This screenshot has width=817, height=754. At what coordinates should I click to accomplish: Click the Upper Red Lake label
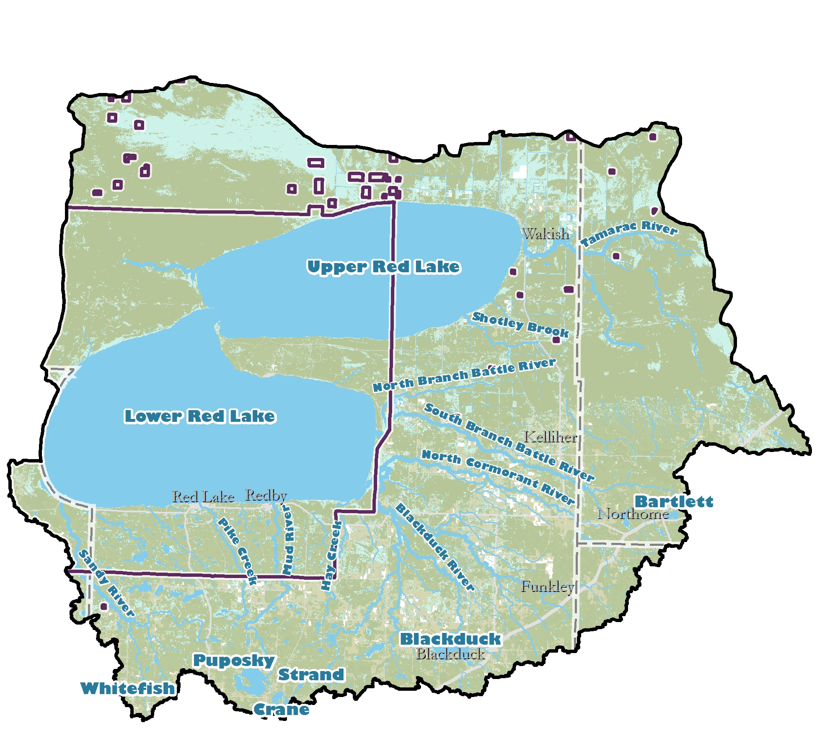click(x=383, y=267)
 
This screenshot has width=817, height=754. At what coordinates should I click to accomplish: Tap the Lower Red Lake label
click(x=200, y=416)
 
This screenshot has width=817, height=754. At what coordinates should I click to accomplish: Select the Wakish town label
click(x=546, y=234)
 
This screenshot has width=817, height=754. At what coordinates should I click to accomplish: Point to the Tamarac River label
click(x=628, y=233)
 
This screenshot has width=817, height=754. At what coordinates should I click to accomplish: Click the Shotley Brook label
click(x=520, y=325)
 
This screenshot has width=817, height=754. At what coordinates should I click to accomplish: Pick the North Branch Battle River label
click(x=464, y=375)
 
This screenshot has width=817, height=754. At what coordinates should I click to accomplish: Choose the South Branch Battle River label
click(x=509, y=442)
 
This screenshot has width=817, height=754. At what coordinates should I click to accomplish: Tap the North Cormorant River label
click(x=498, y=477)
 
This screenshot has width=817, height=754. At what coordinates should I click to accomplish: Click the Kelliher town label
click(x=551, y=437)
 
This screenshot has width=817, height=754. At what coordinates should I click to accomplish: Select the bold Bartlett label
click(x=674, y=501)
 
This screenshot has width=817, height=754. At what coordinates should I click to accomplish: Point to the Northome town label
click(x=633, y=514)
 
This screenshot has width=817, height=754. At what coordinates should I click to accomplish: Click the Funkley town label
click(x=547, y=586)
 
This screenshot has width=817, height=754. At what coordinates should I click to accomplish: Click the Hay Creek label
click(x=331, y=555)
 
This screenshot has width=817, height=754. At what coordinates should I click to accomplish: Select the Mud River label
click(x=288, y=540)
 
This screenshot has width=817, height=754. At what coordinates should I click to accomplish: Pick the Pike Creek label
click(x=237, y=551)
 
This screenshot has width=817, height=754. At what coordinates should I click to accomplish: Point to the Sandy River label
click(x=106, y=584)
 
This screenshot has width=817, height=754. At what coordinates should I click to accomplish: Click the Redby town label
click(x=266, y=495)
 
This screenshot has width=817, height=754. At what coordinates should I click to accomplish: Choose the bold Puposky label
click(x=234, y=660)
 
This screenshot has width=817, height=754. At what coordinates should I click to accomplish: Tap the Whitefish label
click(x=127, y=688)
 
